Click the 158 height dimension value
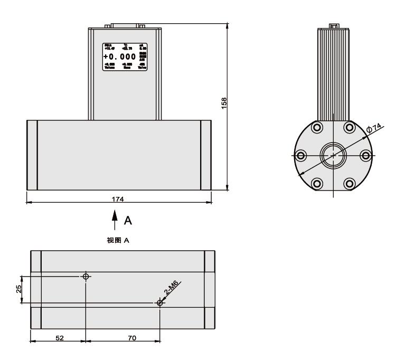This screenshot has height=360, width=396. tap(224, 101)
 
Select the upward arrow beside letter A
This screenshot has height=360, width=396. tap(113, 218)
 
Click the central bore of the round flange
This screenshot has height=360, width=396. tap(333, 155)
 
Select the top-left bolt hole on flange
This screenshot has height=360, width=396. tap(317, 127)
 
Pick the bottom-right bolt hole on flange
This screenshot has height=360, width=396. tap(349, 183)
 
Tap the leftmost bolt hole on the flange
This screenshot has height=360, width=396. tap(301, 155)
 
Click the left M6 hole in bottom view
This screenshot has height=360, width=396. tap(86, 277)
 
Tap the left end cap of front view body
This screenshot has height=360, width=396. tap(32, 154)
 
